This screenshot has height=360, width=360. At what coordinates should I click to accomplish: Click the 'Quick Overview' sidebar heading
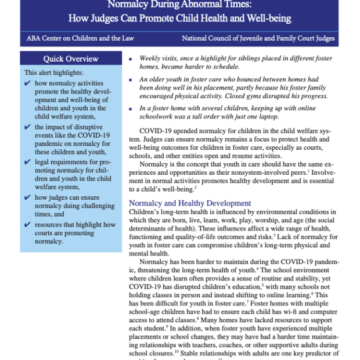click(x=71, y=59)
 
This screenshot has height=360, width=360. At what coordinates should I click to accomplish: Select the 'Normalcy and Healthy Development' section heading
click(x=190, y=203)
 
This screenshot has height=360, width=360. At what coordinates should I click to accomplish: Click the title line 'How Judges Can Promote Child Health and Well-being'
click(x=179, y=19)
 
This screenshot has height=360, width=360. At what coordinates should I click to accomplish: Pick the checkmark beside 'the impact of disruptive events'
click(x=28, y=127)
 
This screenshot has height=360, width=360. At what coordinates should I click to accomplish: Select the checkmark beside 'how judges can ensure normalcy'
click(x=28, y=197)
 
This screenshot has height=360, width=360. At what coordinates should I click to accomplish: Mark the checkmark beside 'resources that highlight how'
click(x=28, y=223)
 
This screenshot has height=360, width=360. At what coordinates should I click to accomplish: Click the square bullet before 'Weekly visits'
click(x=132, y=59)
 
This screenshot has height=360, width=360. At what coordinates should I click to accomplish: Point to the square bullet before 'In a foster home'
click(x=132, y=108)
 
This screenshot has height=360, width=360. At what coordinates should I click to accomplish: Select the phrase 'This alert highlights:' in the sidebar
click(x=54, y=73)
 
